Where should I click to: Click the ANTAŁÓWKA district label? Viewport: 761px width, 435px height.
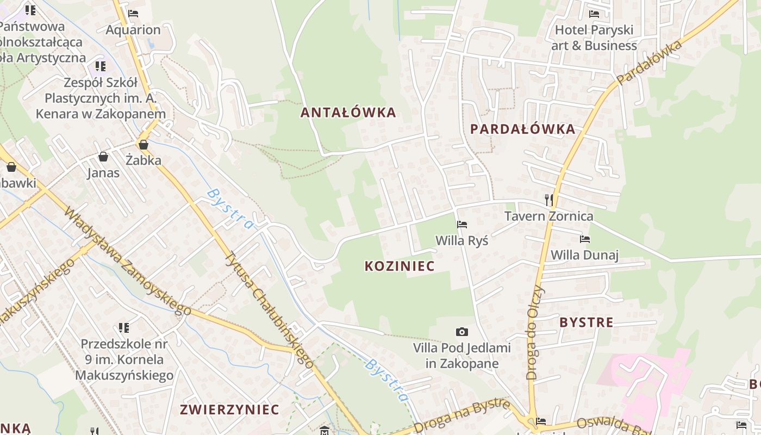[x=348, y=113]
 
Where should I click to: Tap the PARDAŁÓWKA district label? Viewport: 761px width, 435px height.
[x=522, y=129]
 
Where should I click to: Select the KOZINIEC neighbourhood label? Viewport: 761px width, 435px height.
[x=400, y=266]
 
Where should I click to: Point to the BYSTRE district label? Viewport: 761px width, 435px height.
[x=586, y=322]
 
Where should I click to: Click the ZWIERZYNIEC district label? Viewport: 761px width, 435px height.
[x=229, y=409]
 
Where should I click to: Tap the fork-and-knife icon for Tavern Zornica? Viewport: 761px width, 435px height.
[x=549, y=200]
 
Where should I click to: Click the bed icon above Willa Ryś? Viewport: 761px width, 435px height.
[x=462, y=224]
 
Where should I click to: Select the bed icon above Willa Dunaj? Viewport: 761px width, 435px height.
[x=585, y=239]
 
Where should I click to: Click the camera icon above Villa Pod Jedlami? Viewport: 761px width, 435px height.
[x=461, y=332]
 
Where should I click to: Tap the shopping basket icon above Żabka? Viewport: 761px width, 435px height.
[x=144, y=145]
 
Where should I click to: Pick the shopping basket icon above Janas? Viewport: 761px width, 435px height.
[x=103, y=157]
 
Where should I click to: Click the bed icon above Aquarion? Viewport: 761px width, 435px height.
[x=133, y=14]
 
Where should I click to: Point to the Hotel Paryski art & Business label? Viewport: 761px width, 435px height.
[x=594, y=38]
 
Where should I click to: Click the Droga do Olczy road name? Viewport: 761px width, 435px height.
[x=535, y=332]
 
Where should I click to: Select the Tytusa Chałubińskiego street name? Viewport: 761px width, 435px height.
[x=270, y=310]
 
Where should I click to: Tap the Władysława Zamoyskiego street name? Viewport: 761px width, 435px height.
[x=128, y=262]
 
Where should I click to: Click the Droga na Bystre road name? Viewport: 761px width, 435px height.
[x=462, y=416]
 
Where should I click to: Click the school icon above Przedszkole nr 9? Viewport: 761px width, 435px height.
[x=124, y=328]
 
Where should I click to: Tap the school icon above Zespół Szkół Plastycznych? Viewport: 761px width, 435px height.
[x=101, y=66]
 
